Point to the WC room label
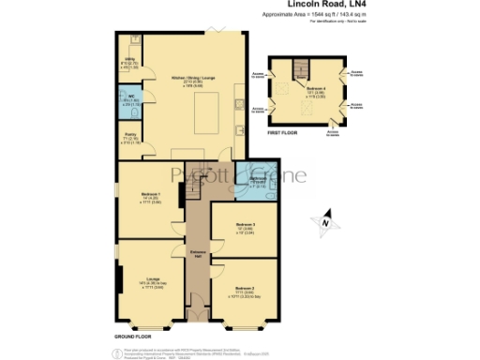(x=130, y=98)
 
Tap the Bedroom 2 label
(x=246, y=287)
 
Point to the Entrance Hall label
(x=198, y=255)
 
